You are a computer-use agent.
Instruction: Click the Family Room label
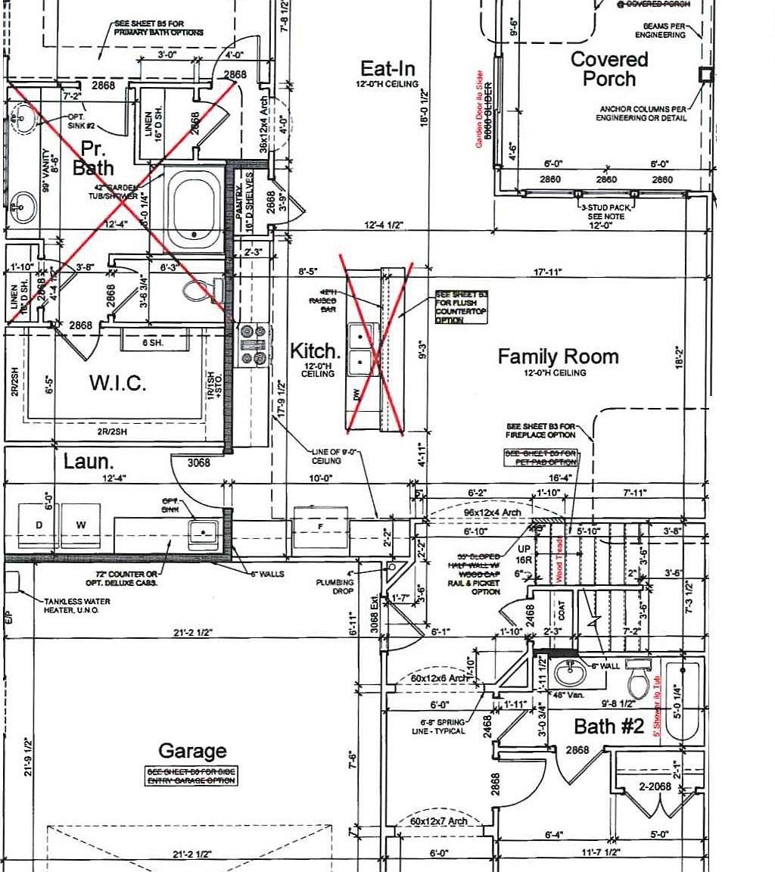558,357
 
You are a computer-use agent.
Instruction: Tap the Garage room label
192,751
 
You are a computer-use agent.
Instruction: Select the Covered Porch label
609,69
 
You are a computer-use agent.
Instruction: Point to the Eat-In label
387,68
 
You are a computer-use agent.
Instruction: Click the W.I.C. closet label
117,383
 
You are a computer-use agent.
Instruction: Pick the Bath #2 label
608,727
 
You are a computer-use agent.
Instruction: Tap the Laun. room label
88,460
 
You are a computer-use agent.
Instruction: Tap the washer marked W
81,524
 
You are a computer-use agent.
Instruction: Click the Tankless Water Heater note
76,606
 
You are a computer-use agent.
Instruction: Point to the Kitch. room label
314,351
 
